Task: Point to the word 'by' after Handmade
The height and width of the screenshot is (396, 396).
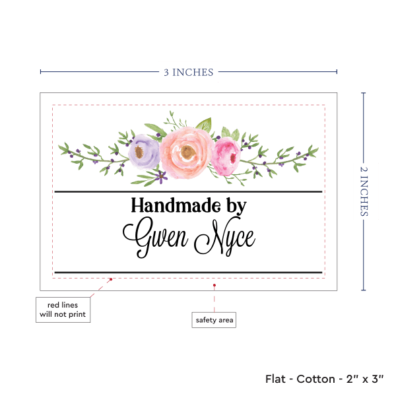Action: tap(236, 207)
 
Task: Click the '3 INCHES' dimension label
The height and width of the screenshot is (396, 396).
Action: tap(188, 72)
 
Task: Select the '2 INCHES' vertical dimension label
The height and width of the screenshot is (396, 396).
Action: tap(365, 191)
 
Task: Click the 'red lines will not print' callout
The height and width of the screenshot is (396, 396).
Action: tap(63, 310)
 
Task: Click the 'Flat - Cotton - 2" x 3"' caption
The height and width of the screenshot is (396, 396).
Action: tap(326, 379)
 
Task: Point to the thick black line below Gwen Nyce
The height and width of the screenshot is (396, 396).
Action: tap(188, 272)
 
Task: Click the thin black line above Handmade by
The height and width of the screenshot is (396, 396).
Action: tap(188, 191)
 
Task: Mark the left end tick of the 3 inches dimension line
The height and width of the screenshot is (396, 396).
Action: tap(40, 72)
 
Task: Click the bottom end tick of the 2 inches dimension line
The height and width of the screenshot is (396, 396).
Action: tap(364, 290)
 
